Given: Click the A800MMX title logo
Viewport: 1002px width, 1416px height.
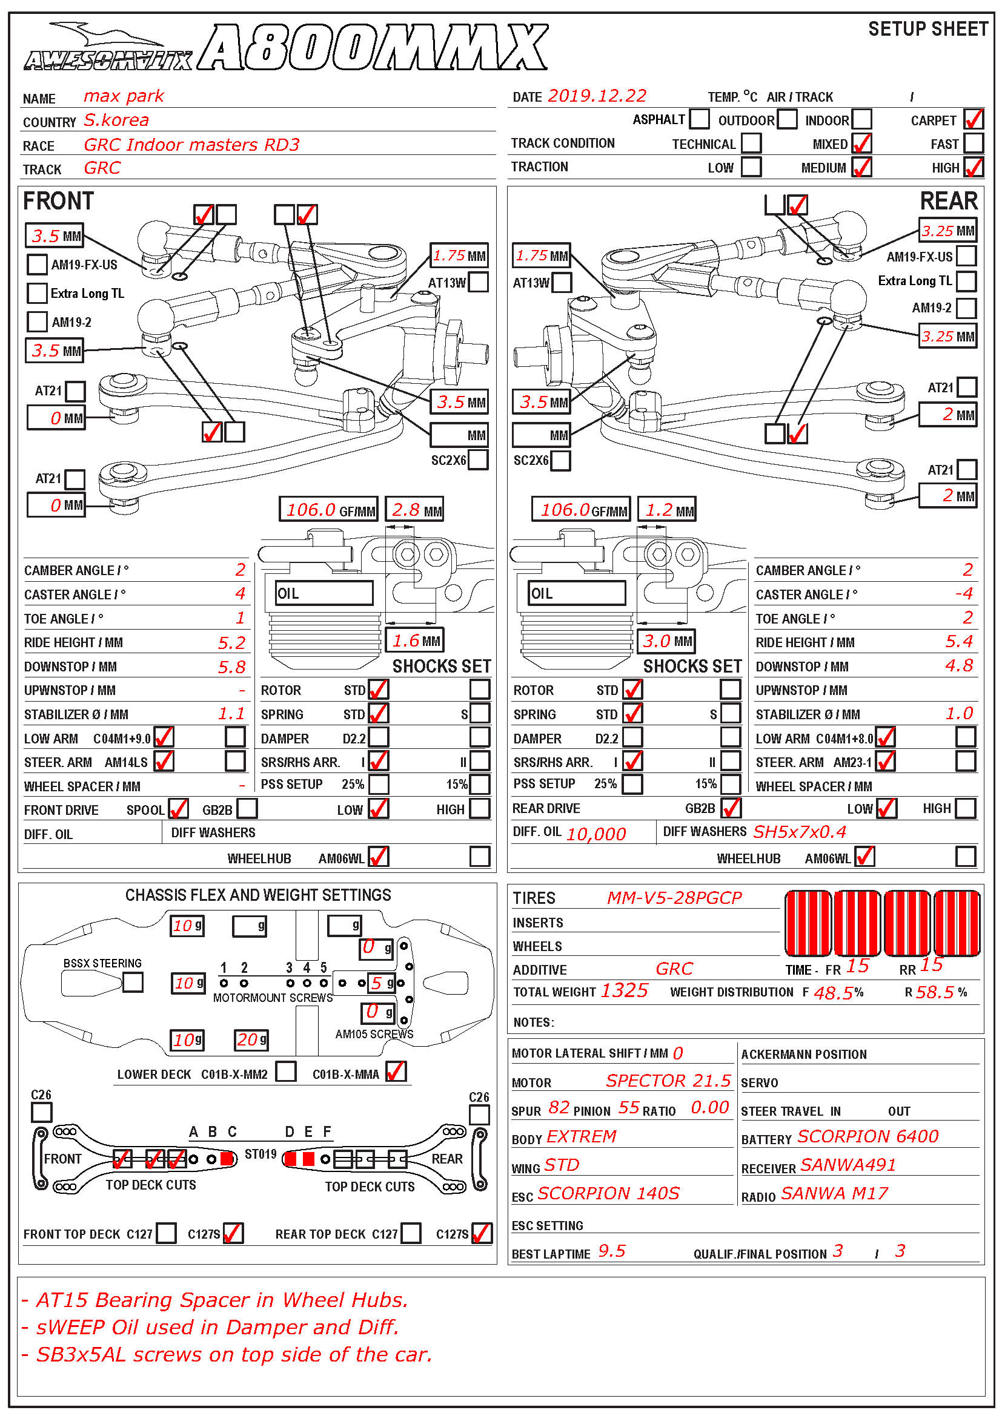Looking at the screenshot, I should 373,48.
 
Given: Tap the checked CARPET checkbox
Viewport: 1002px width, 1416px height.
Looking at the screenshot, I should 973,119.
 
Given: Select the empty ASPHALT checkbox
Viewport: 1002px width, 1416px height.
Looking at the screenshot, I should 699,119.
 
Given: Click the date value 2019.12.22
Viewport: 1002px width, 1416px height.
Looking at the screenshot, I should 597,96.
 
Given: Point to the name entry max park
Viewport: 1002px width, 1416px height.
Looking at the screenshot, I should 124,96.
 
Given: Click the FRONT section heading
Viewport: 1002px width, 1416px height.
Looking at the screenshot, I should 58,201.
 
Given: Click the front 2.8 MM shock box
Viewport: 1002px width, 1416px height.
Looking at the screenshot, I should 414,509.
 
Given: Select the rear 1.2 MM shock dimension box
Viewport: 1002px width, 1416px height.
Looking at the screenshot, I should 666,509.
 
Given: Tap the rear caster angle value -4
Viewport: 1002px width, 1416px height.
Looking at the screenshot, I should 963,593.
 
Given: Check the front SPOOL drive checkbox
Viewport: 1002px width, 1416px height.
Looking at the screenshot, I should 178,809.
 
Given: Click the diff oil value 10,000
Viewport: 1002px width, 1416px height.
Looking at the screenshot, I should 596,834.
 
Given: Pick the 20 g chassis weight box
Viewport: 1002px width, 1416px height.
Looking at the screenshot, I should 251,1040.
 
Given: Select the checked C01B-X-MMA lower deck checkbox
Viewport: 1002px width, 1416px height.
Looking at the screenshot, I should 396,1072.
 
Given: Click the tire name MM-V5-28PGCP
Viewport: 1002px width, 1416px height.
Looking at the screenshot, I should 674,897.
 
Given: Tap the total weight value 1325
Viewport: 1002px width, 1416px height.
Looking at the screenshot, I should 624,990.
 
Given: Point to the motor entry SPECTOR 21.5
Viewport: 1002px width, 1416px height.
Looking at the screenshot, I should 668,1081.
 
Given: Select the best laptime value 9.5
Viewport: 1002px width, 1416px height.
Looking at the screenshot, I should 611,1251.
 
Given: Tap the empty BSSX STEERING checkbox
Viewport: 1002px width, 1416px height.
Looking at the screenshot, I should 133,982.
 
